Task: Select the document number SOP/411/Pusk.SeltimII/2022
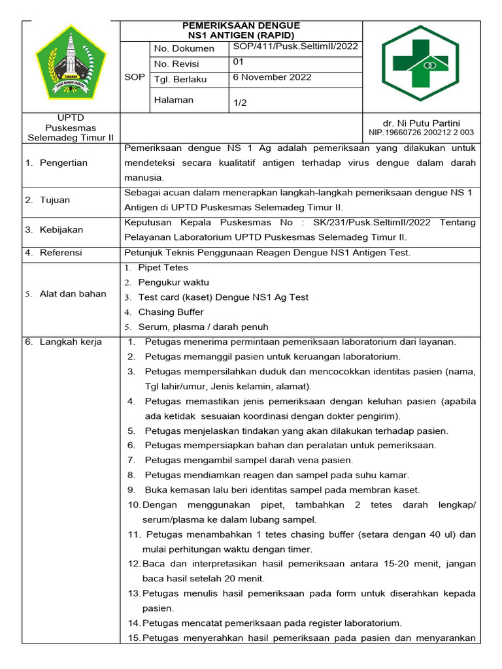pos(295,47)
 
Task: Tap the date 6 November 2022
pos(273,77)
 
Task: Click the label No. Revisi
pos(176,64)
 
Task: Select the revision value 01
pos(239,62)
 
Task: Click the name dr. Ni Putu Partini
pos(422,123)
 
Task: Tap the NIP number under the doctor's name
pos(422,133)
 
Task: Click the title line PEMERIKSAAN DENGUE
pos(241,25)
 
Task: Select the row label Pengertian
pos(63,163)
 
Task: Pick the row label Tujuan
pos(55,200)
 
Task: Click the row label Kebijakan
pos(61,230)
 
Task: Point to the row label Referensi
pos(61,252)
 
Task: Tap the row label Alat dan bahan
pos(73,294)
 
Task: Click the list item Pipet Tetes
pos(163,268)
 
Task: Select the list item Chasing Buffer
pos(171,312)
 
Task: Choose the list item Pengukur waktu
pos(173,282)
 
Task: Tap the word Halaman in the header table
pos(174,100)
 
